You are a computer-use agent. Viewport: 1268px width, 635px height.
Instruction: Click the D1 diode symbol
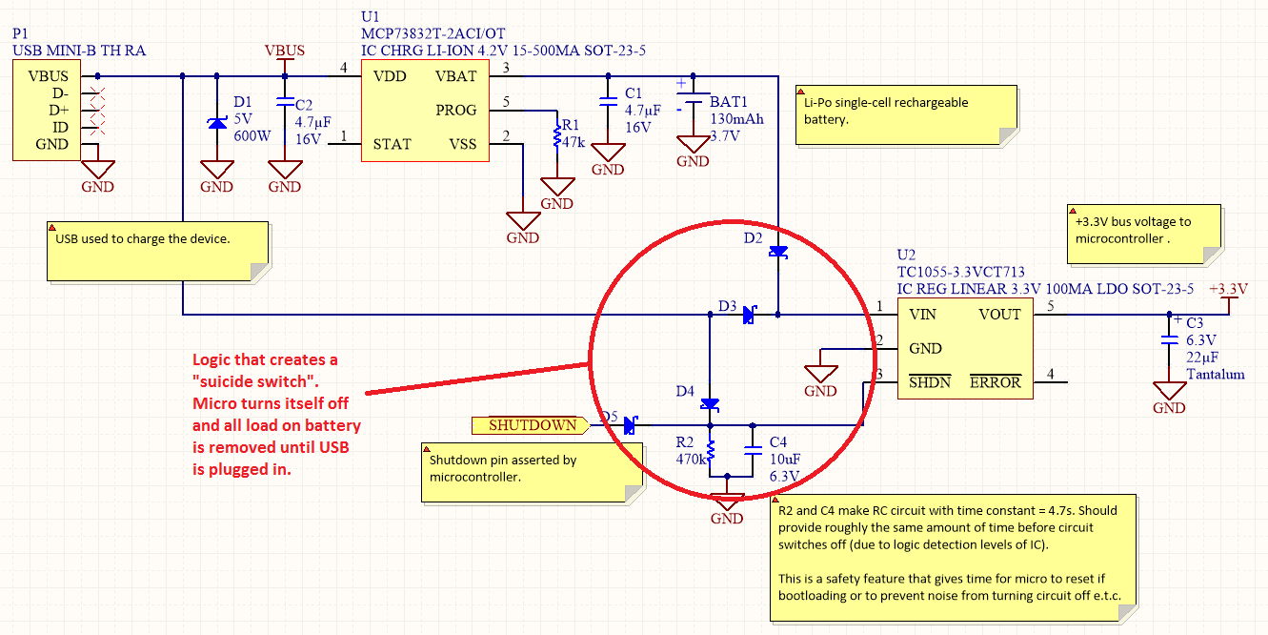point(217,123)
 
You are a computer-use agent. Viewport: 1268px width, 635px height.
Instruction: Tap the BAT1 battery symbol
point(694,99)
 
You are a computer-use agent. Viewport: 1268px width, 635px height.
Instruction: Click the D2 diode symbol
point(778,252)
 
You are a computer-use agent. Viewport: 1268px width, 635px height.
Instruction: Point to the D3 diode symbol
point(750,314)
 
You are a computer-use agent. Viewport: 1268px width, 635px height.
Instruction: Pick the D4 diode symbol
point(709,404)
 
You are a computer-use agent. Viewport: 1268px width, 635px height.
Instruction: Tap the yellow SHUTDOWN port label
point(532,425)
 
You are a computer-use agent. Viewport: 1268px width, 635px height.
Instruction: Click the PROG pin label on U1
point(455,110)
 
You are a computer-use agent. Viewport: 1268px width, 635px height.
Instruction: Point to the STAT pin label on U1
point(392,144)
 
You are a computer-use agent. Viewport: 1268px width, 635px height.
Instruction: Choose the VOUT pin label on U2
point(999,314)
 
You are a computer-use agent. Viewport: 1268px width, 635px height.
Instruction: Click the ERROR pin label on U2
point(996,382)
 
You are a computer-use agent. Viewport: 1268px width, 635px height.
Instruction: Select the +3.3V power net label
point(1227,289)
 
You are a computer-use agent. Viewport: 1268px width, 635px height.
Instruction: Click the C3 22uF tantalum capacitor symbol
point(1169,339)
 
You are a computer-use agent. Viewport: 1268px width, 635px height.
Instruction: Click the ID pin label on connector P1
point(61,127)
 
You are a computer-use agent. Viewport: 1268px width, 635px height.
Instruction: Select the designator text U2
point(906,256)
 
